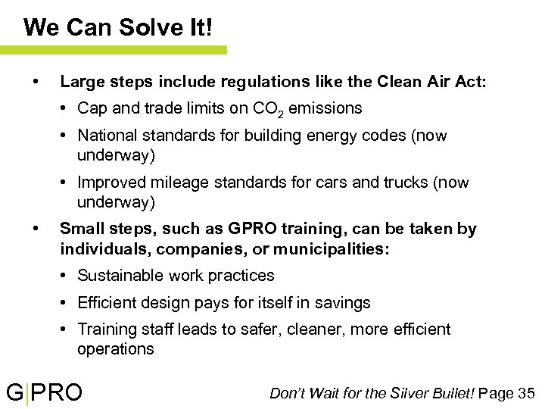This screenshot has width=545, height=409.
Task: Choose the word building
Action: tap(271, 136)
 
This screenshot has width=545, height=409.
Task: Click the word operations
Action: tap(115, 349)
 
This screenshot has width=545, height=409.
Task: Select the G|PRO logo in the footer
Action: tap(45, 393)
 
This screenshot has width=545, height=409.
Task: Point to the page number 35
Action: tap(527, 393)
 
